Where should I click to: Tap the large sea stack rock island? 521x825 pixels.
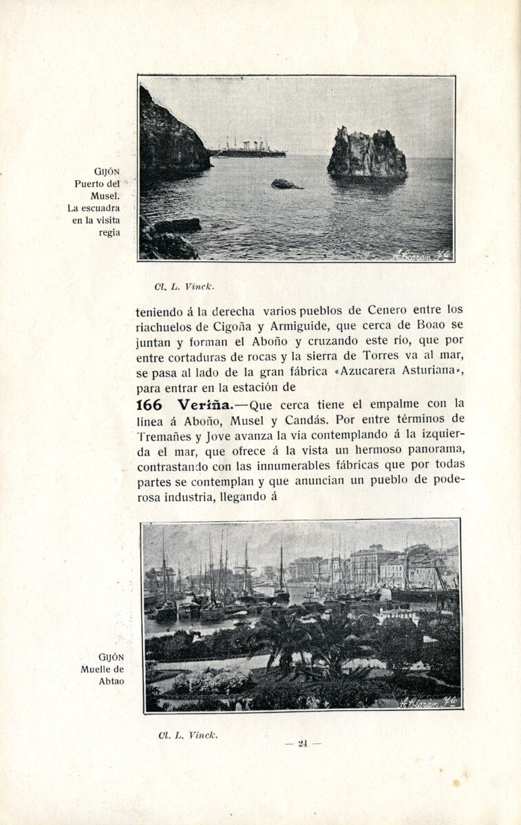click(366, 155)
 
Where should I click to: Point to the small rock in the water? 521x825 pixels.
click(285, 184)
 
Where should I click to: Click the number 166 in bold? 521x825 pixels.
click(149, 404)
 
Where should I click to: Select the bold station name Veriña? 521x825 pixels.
click(206, 404)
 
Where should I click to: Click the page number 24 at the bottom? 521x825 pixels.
click(302, 743)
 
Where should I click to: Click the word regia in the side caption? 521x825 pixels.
click(109, 232)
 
